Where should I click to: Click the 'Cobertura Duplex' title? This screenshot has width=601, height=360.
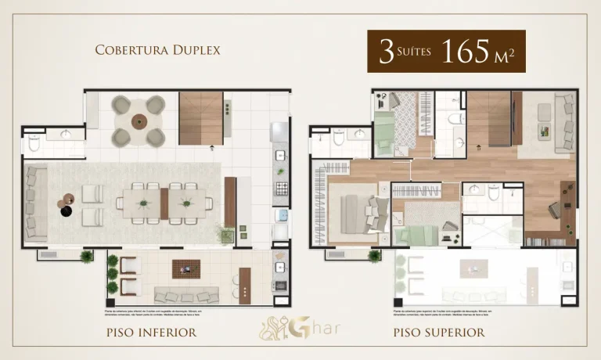157,50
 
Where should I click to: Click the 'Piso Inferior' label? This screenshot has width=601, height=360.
150,333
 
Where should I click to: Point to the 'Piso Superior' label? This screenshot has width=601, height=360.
440,333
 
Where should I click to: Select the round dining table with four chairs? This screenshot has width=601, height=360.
139,121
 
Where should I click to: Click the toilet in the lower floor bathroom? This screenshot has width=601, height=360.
34,142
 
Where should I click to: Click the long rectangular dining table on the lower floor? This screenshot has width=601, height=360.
164,202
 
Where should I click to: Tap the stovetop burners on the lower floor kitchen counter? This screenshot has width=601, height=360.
279,188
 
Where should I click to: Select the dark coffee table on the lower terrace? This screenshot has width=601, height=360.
186,268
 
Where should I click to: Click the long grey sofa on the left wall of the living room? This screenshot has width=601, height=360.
34,201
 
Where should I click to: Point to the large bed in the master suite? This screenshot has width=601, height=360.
356,213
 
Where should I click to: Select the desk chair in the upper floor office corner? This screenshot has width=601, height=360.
552,208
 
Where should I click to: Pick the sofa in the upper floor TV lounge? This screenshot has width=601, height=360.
563,124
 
